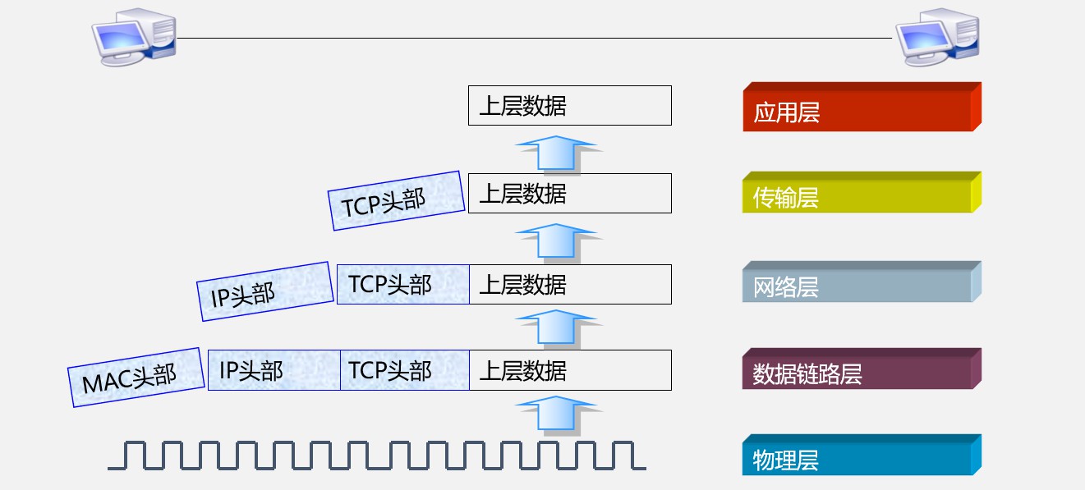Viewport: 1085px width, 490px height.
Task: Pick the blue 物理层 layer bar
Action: click(x=861, y=458)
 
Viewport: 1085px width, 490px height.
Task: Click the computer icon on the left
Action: click(x=133, y=39)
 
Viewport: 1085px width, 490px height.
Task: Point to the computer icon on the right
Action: click(x=936, y=39)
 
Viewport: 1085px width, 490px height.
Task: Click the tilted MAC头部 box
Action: click(x=136, y=377)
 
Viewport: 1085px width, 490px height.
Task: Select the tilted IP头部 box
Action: click(x=263, y=291)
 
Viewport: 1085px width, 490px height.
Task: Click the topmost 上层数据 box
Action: click(x=569, y=106)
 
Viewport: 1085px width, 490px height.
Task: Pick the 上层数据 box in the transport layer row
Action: click(x=569, y=194)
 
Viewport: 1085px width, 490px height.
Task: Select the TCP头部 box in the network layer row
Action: click(x=402, y=284)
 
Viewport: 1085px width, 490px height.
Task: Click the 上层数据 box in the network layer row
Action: click(x=569, y=284)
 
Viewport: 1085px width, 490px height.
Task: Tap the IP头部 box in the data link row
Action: click(x=274, y=370)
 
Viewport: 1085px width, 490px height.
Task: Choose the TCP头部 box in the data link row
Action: click(x=404, y=370)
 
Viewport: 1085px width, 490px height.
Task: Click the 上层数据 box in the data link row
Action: click(x=569, y=370)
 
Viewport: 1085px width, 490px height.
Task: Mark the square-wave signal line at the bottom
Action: click(x=376, y=456)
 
